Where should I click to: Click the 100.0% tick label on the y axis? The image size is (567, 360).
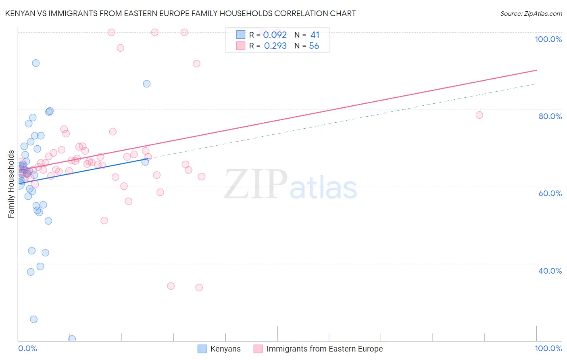548,39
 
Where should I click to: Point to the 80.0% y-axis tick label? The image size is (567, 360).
550,116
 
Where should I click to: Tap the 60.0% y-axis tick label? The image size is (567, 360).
550,193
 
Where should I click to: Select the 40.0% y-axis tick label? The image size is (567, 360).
550,271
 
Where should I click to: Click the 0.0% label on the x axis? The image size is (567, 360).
27,348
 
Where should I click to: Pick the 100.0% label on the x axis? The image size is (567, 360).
548,348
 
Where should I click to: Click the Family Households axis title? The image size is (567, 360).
11,184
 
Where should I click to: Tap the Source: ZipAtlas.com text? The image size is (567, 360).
531,13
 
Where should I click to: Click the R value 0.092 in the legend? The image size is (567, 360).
275,35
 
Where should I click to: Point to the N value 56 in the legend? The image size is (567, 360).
314,46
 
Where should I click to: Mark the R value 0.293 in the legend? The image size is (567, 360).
275,46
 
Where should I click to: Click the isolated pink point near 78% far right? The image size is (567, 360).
479,115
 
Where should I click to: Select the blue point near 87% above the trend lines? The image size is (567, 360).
147,84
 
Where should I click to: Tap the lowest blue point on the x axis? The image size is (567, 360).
72,339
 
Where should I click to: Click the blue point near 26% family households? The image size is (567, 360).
34,319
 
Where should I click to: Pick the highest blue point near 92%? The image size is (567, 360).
36,63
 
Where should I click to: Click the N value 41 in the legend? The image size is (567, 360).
315,35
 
